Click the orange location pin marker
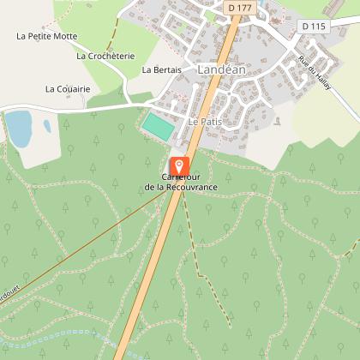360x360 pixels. tap(179, 165)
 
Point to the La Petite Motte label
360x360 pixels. tap(47, 36)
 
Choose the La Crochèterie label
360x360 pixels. tap(105, 56)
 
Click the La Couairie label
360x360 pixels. tap(68, 88)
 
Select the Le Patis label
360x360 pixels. tap(205, 123)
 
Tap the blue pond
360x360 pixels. tap(18, 128)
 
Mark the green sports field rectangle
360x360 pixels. tap(157, 126)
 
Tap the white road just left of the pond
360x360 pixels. tap(3, 111)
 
